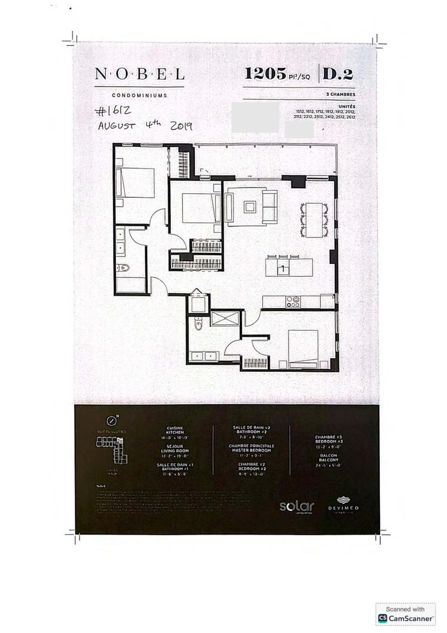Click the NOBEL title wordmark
coord(140,74)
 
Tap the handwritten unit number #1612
coord(113,111)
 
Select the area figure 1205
coord(265,73)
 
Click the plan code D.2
coord(338,74)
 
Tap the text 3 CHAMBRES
coord(340,94)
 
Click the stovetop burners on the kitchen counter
coord(293,302)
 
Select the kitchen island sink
coord(283,269)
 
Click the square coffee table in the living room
coord(250,206)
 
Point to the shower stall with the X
coord(224,318)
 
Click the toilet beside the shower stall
coord(199,324)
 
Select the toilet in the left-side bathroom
coord(124,268)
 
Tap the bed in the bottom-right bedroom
coord(303,347)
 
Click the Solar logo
coord(297,506)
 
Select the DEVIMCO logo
coord(343,505)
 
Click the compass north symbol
coord(112,421)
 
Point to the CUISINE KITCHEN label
coord(175,430)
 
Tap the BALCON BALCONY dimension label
coord(328,458)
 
